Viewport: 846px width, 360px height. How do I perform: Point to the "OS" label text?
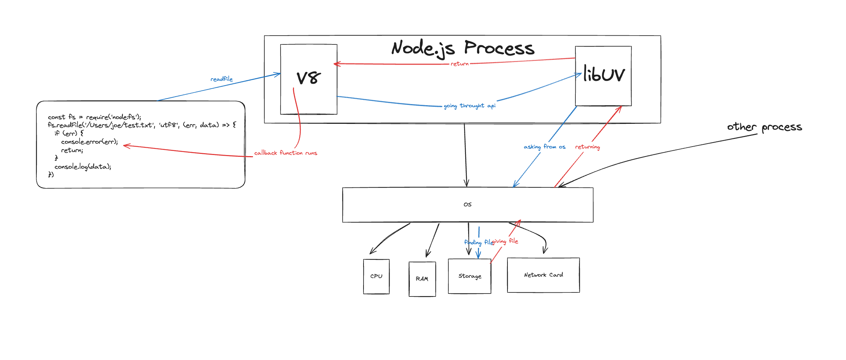pyautogui.click(x=467, y=204)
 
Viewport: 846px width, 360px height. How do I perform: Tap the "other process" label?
pyautogui.click(x=764, y=127)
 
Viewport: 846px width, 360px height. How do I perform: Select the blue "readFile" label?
pyautogui.click(x=221, y=79)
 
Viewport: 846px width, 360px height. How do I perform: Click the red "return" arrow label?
pyautogui.click(x=460, y=64)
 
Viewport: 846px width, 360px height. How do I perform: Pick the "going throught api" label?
pyautogui.click(x=470, y=106)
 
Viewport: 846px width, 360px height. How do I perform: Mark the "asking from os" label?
pyautogui.click(x=545, y=147)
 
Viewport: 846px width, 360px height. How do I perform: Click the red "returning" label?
pyautogui.click(x=587, y=147)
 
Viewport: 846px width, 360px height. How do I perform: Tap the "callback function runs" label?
pyautogui.click(x=286, y=153)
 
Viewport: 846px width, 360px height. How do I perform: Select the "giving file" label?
pyautogui.click(x=505, y=241)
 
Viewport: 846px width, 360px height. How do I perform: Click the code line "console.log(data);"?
pyautogui.click(x=83, y=167)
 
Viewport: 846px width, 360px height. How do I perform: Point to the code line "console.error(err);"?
pyautogui.click(x=90, y=142)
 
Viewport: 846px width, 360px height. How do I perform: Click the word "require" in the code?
pyautogui.click(x=97, y=117)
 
